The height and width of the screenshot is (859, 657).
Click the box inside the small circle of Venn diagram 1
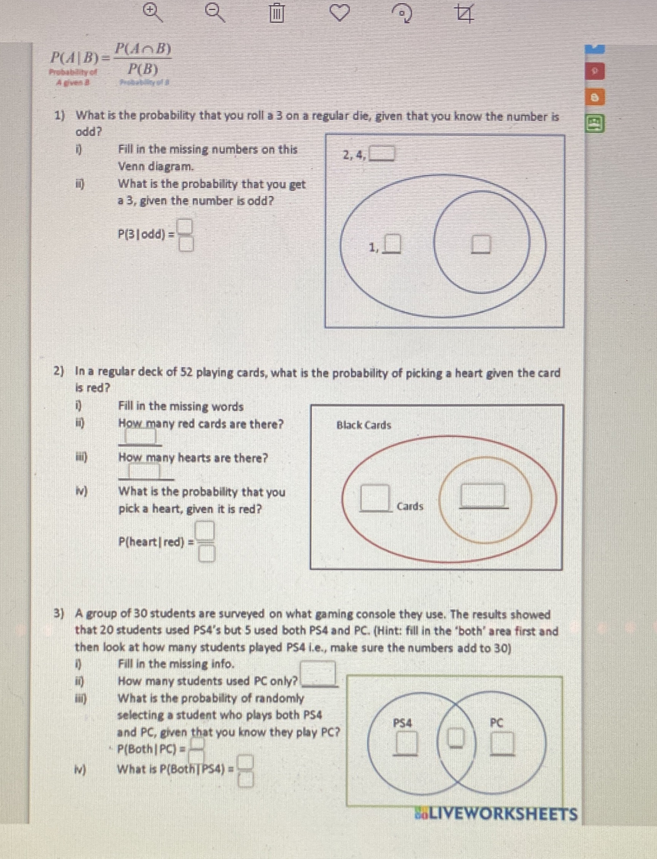pyautogui.click(x=481, y=244)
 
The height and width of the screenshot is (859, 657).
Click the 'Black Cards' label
pyautogui.click(x=364, y=425)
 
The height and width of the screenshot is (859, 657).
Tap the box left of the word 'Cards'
pyautogui.click(x=375, y=497)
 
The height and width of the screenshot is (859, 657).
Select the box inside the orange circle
pyautogui.click(x=483, y=495)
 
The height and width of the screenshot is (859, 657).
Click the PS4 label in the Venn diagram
pyautogui.click(x=402, y=723)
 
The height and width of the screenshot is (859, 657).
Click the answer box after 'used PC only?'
pyautogui.click(x=318, y=672)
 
